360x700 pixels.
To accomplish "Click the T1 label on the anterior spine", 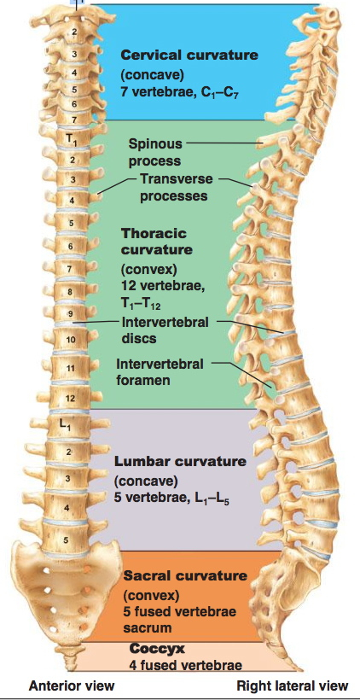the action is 72,139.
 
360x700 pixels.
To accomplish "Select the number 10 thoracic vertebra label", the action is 71,340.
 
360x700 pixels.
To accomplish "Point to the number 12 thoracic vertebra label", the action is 71,398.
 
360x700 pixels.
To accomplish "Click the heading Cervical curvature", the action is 189,55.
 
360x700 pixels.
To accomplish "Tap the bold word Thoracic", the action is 154,233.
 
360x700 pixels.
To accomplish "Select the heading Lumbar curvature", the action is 180,461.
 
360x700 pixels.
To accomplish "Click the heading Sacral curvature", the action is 184,575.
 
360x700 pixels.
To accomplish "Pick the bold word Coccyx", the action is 157,648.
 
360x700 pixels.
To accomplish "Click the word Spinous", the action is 156,144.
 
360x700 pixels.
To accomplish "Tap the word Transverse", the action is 177,179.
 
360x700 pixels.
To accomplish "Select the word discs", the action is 139,338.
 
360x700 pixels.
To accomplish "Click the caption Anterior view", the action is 72,685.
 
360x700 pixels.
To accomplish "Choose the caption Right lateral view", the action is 293,685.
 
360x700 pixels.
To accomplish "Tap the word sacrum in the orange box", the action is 148,627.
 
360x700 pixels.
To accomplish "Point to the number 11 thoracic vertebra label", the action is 71,369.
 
